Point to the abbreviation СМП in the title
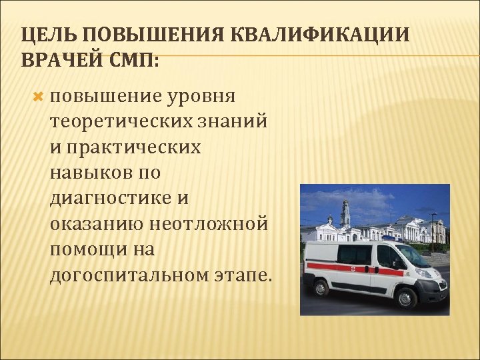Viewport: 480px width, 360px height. coord(136,59)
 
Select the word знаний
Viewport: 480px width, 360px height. coord(231,122)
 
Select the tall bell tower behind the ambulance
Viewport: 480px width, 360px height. coord(345,213)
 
